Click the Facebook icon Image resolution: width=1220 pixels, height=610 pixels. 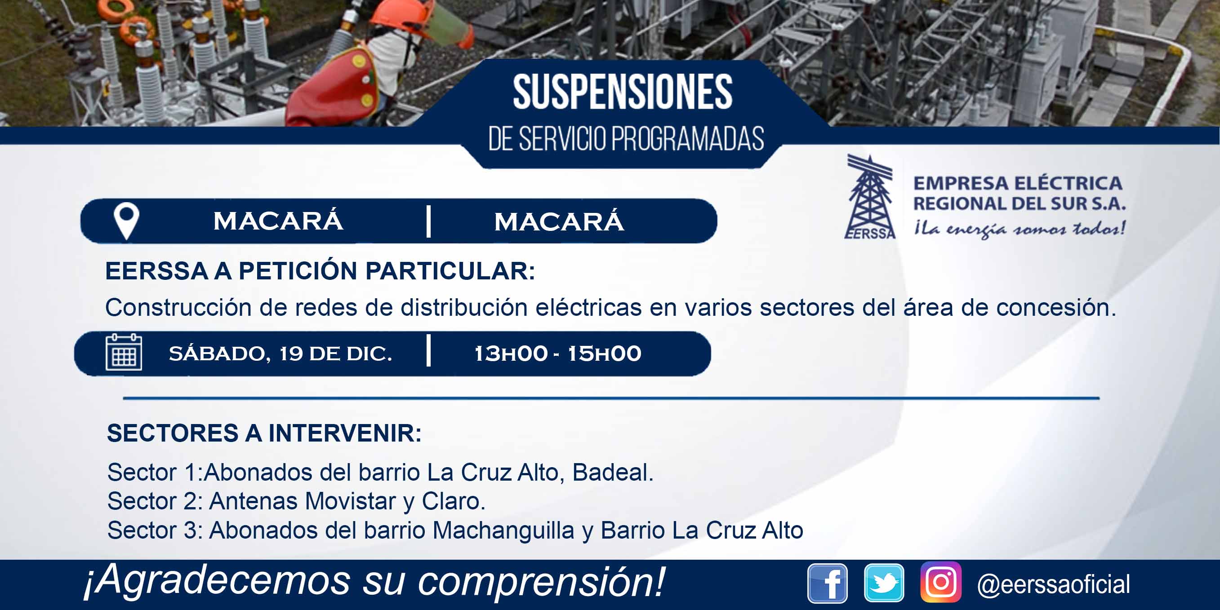click(x=828, y=583)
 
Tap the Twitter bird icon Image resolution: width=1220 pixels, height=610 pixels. click(x=884, y=583)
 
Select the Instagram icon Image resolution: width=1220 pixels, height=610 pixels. click(x=941, y=582)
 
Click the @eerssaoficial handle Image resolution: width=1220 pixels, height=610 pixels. click(x=1053, y=584)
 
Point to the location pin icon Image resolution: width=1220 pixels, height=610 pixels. click(x=126, y=221)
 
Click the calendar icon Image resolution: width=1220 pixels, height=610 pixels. click(x=124, y=352)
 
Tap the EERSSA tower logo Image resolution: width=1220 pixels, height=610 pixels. click(x=870, y=197)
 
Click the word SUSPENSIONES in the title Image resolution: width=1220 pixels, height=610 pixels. click(x=622, y=92)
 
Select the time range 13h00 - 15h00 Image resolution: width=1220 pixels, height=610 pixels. click(x=557, y=354)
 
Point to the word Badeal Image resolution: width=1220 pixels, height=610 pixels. click(x=613, y=472)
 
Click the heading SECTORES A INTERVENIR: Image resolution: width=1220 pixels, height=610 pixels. click(x=264, y=433)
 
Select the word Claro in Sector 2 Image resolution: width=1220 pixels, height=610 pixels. click(x=453, y=501)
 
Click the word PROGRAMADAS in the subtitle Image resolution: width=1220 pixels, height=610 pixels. click(x=687, y=139)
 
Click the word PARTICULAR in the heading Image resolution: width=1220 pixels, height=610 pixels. click(x=450, y=271)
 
